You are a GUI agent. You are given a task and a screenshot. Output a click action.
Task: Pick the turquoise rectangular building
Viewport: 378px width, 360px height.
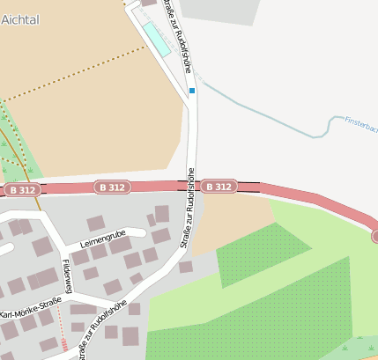pyautogui.click(x=155, y=37)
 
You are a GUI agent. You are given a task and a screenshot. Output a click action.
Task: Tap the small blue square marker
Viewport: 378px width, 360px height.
pyautogui.click(x=191, y=90)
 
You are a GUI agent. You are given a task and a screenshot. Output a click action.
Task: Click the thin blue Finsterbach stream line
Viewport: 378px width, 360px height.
pyautogui.click(x=264, y=114)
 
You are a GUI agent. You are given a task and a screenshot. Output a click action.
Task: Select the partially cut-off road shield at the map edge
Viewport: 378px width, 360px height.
pyautogui.click(x=374, y=235)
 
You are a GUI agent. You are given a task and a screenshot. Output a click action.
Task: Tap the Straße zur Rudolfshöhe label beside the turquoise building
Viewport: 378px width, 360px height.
pyautogui.click(x=176, y=35)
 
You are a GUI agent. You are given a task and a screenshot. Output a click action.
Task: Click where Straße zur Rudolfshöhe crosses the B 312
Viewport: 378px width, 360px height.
pyautogui.click(x=195, y=187)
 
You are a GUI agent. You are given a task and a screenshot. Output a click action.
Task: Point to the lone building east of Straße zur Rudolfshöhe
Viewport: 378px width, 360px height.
pyautogui.click(x=185, y=267)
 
